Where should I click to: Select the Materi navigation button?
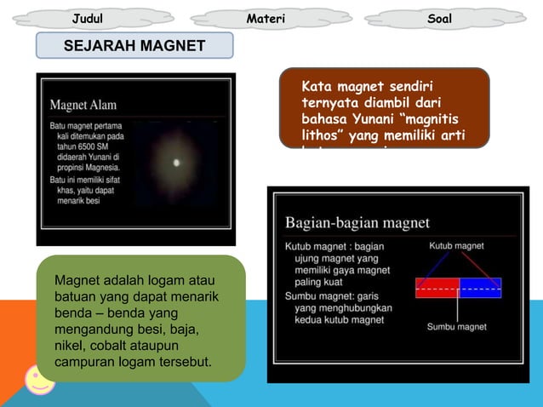click(x=265, y=18)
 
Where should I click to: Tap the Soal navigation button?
click(x=440, y=18)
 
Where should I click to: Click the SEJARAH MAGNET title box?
click(x=134, y=45)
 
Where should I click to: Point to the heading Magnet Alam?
click(x=83, y=106)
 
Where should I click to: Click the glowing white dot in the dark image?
click(x=177, y=162)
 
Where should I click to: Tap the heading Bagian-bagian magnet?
click(x=357, y=223)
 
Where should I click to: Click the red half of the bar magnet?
click(x=437, y=288)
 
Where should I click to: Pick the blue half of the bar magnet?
click(x=481, y=288)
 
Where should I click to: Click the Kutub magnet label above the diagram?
click(x=456, y=246)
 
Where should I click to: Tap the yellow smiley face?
click(x=38, y=379)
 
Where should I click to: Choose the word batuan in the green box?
click(x=76, y=297)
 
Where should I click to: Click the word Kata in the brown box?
click(x=317, y=87)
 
